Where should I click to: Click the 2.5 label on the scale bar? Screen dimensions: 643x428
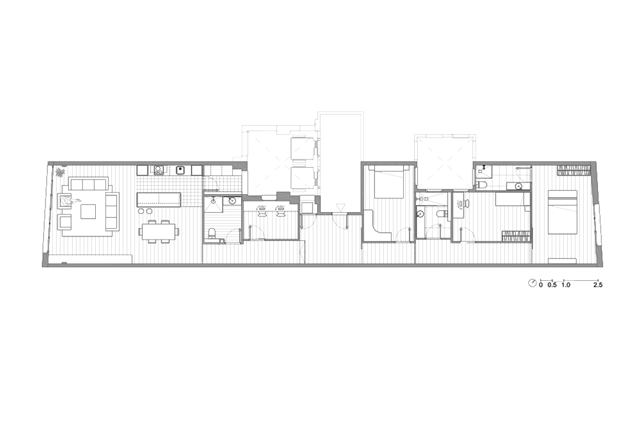pos(597,285)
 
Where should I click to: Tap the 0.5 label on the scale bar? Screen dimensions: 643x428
pos(552,285)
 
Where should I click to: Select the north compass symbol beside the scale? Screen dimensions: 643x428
pos(532,283)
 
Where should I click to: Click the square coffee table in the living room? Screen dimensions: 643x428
pos(88,211)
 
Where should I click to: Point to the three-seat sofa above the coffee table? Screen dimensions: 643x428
pos(89,184)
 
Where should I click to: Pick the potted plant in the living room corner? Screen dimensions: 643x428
pos(60,172)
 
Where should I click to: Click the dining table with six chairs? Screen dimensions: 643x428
pos(158,231)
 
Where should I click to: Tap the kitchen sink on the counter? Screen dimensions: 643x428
pos(179,170)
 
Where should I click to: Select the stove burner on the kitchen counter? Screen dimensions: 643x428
pos(158,170)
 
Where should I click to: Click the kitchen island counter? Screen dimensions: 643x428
pos(158,199)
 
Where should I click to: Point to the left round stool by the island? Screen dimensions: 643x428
pos(141,211)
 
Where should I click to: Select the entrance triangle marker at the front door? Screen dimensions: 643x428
pos(340,207)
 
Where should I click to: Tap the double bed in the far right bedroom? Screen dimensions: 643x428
pos(563,212)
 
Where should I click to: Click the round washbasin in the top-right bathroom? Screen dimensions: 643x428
pos(519,186)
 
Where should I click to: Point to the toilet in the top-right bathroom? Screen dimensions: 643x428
pos(482,184)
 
